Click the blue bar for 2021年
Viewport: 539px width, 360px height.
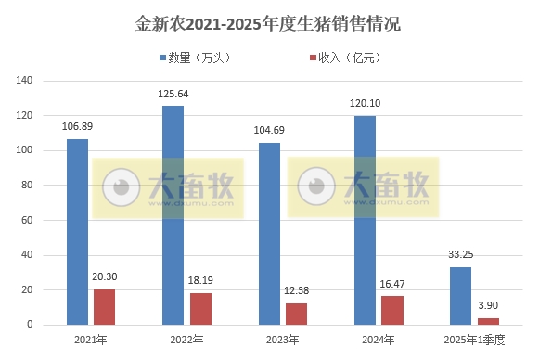(x=77, y=232)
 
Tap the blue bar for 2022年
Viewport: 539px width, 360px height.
(x=173, y=215)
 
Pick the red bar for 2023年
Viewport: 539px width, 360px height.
(x=296, y=314)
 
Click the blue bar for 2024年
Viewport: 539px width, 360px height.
(x=365, y=220)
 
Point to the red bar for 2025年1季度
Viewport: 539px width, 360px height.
(x=487, y=321)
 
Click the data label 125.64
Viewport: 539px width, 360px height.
(x=173, y=95)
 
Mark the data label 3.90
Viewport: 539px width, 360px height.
(x=487, y=305)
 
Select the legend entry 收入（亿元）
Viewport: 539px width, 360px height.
(x=342, y=58)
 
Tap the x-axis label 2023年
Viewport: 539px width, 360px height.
(x=283, y=341)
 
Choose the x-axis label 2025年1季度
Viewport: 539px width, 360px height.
(x=474, y=341)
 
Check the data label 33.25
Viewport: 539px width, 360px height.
(x=461, y=255)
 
